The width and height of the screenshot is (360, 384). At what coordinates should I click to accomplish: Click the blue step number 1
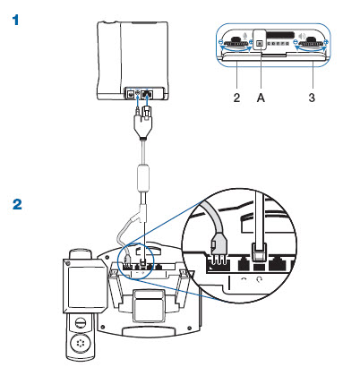point(15,21)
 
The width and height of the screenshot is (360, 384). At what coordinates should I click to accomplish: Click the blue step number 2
point(17,205)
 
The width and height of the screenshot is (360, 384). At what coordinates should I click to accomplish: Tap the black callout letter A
point(261,98)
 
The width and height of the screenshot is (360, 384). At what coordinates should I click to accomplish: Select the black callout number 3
point(312,98)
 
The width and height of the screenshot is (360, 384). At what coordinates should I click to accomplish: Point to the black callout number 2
point(236,98)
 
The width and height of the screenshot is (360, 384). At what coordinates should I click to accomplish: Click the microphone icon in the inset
point(245,36)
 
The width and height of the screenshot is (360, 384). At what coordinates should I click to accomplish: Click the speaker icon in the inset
point(302,37)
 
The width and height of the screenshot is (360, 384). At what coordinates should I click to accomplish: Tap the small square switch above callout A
point(260,44)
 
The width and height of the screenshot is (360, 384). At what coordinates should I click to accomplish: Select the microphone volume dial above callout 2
point(236,42)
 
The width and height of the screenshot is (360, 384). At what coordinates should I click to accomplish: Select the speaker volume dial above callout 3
point(312,42)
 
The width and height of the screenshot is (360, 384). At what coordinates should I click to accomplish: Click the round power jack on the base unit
point(130,94)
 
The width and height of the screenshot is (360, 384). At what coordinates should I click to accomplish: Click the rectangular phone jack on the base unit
point(147,94)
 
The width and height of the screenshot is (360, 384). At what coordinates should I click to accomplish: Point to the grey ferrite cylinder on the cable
point(142,178)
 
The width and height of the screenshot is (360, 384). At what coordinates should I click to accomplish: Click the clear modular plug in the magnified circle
point(259,252)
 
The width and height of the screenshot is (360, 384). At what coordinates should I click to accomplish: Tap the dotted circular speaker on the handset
point(80,344)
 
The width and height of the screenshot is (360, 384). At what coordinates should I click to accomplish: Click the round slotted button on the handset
point(81,323)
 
